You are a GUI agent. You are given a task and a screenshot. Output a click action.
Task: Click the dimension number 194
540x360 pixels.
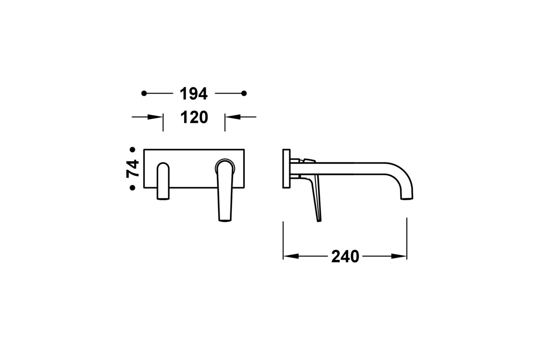[193, 94]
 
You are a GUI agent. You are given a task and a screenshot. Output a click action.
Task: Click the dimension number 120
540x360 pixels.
[194, 117]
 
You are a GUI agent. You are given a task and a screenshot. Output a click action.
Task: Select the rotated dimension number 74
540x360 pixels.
[133, 169]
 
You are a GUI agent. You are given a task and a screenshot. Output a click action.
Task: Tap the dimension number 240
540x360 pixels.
[345, 256]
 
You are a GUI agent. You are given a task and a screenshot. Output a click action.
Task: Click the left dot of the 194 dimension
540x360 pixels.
[144, 93]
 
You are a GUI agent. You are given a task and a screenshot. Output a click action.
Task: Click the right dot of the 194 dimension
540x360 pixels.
[244, 93]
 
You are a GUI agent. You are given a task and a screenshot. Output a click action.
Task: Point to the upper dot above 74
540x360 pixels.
[132, 149]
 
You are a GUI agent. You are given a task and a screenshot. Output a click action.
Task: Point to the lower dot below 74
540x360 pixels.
[132, 188]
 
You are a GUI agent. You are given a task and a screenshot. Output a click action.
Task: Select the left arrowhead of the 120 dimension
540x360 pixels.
[155, 117]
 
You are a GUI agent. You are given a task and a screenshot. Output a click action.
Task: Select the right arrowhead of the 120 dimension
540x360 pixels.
[233, 117]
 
